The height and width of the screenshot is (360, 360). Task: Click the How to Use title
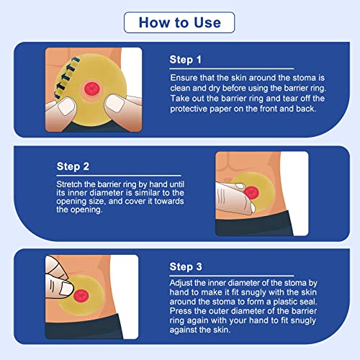pos(179,22)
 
